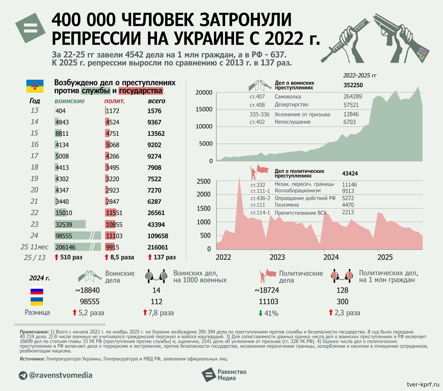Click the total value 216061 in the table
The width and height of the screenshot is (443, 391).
157,247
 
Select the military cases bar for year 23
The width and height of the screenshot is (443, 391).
70,224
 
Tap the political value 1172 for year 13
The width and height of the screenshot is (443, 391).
112,111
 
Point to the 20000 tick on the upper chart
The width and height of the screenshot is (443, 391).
204,92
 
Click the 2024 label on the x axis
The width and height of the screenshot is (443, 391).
331,257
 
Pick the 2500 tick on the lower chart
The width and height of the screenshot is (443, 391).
204,181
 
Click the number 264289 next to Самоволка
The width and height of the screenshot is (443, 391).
352,97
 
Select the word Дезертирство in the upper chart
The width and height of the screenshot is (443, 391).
291,105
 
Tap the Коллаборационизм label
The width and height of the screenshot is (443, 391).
298,190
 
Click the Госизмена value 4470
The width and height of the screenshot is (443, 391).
348,205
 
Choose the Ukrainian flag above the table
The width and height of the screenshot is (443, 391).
35,86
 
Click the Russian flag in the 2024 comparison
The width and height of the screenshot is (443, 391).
37,291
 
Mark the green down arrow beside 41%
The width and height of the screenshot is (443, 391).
261,313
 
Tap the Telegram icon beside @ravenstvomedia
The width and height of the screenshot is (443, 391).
23,375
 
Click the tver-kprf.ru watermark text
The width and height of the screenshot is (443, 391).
423,384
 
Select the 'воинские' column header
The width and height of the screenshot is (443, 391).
70,101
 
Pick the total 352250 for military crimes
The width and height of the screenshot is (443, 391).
353,85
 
